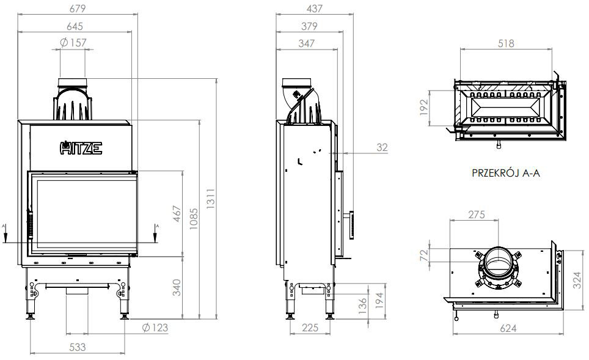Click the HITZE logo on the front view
(81, 147)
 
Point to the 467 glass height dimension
(178, 215)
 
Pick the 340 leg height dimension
(178, 287)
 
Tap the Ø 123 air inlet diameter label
(154, 328)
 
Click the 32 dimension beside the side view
(382, 147)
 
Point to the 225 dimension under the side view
(310, 328)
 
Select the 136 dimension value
(364, 304)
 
